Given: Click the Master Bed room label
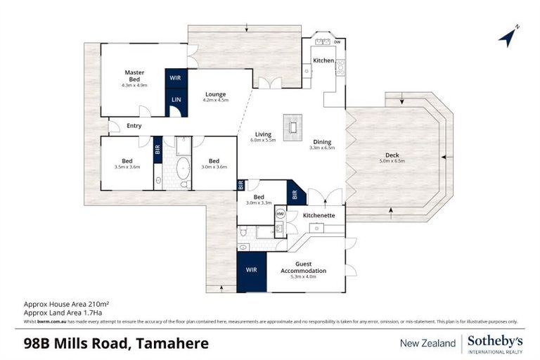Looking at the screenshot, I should click(134, 76).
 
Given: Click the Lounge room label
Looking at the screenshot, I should click(215, 94).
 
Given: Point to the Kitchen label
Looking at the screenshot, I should click(323, 61).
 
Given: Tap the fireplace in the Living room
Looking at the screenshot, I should click(290, 127).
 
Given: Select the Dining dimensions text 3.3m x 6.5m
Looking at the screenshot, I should click(323, 148).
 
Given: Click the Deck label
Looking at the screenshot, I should click(392, 155).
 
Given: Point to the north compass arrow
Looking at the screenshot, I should click(508, 37).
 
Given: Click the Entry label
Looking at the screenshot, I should click(134, 126).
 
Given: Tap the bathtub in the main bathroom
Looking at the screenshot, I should click(182, 169).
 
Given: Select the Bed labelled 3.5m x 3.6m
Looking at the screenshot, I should click(127, 164).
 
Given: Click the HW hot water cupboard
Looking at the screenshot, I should click(280, 214).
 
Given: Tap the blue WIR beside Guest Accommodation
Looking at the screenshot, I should click(252, 270).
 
